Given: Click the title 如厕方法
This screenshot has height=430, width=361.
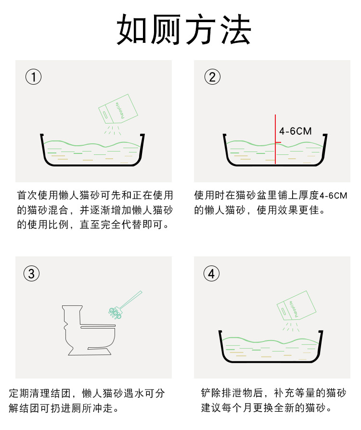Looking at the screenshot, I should pos(184,30).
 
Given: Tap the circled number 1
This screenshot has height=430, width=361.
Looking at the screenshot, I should pos(33,77).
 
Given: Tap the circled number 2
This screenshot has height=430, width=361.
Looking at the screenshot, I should pos(212,77).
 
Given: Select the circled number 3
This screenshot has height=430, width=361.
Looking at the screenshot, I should pos(31,274).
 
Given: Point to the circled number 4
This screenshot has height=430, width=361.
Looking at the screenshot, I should pos(211,274).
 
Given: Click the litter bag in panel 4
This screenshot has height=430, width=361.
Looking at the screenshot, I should pos(296,306).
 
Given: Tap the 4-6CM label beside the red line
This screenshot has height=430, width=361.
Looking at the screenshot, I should pos(296,131).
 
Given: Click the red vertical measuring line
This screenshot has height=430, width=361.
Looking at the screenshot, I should pos(275,139).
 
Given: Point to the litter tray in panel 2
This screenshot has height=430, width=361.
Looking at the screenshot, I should pos(274,152).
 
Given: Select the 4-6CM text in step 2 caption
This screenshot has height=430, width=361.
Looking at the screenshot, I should pos(333,196).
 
